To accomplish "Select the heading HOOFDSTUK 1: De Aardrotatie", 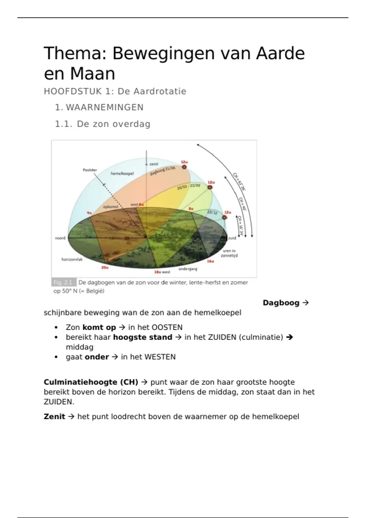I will [x=115, y=91].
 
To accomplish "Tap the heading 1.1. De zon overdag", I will [x=102, y=124].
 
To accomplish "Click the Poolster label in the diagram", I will [x=90, y=170].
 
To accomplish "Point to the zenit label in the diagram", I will [x=154, y=164].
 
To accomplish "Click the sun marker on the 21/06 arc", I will [x=184, y=167].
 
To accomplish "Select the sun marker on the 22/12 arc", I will [x=225, y=218].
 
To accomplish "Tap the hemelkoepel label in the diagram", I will [x=122, y=173].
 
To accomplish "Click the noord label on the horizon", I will [x=60, y=238].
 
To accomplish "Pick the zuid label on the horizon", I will [x=232, y=238].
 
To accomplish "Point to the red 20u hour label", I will [x=105, y=267].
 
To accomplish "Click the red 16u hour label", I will [x=210, y=261].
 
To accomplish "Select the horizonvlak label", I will [x=72, y=259].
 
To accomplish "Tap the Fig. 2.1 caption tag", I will [x=63, y=282].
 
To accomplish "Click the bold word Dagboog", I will [x=281, y=303].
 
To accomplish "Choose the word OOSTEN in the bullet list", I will [x=167, y=328].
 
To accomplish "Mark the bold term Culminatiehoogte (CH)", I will [x=91, y=382].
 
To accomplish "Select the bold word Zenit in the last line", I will [x=54, y=417].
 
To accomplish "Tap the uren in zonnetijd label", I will [x=229, y=253].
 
